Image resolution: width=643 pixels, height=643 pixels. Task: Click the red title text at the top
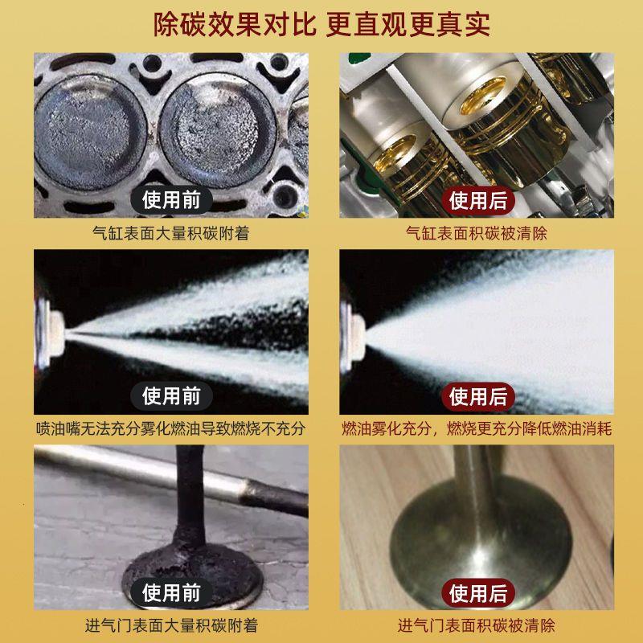click(x=321, y=24)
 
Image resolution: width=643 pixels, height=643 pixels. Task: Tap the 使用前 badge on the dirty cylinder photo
click(x=171, y=199)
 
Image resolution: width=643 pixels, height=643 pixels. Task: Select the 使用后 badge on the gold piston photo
click(x=478, y=199)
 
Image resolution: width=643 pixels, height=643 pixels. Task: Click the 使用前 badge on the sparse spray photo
click(x=171, y=395)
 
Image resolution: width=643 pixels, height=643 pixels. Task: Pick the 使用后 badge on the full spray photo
click(x=478, y=395)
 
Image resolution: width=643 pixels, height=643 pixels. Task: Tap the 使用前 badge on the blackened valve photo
click(x=171, y=594)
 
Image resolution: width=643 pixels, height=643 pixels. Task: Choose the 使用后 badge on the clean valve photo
click(x=478, y=594)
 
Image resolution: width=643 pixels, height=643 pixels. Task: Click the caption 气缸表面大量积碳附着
click(x=171, y=234)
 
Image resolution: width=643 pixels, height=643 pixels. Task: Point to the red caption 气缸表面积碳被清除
click(x=477, y=234)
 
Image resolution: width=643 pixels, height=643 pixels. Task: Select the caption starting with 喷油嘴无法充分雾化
click(x=171, y=429)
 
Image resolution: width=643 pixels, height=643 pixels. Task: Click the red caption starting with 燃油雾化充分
click(x=477, y=429)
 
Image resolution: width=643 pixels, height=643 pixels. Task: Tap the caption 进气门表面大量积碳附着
click(x=171, y=625)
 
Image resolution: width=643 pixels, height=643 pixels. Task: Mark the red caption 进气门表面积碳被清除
click(x=477, y=625)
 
